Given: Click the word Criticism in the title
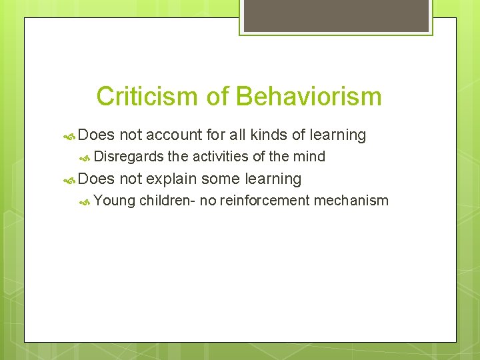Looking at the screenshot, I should click(147, 97).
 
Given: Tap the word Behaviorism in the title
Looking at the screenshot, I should click(308, 97).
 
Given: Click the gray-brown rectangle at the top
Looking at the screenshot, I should click(335, 15).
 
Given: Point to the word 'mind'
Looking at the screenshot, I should click(311, 157).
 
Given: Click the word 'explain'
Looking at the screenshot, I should click(171, 179).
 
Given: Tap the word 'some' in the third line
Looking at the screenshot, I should click(221, 179).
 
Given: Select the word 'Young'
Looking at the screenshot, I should click(115, 200).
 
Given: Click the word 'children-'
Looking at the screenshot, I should click(167, 200).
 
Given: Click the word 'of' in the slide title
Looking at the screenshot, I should click(217, 97).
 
